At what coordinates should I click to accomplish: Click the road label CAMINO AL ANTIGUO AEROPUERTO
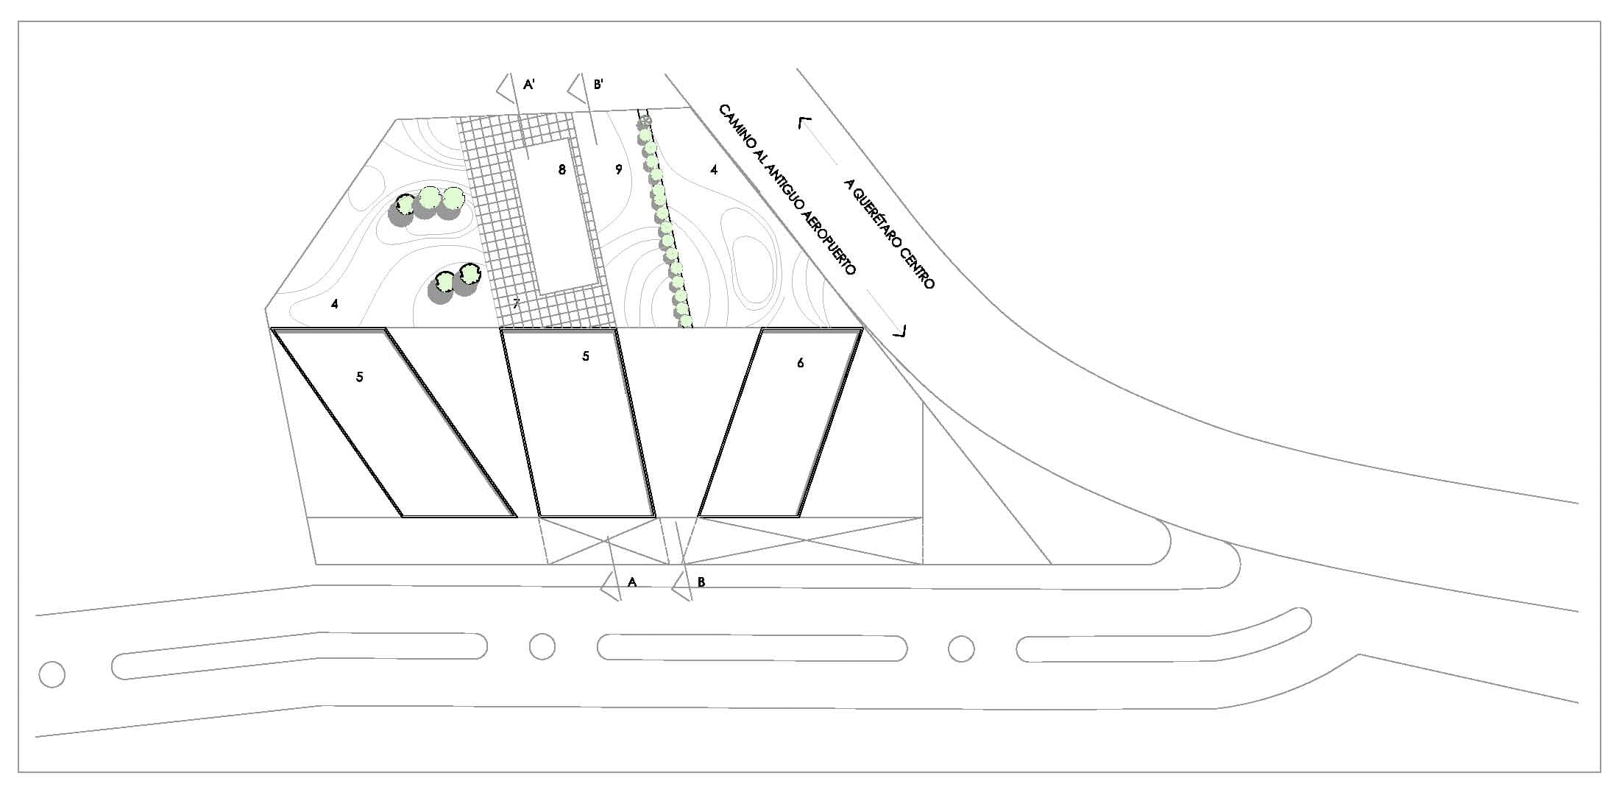tap(787, 190)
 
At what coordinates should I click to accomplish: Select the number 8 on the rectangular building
tap(562, 170)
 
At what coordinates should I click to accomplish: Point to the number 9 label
tap(619, 170)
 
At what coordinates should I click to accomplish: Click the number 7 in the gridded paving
tap(516, 303)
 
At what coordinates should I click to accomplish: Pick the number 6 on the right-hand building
tap(801, 363)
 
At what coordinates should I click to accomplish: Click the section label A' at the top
tap(528, 85)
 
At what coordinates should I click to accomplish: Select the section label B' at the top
tap(598, 85)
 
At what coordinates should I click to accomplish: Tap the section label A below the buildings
tap(631, 582)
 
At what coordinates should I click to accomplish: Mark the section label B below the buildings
tap(701, 582)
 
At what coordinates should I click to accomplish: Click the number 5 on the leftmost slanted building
tap(359, 377)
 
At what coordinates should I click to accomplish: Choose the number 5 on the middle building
tap(586, 356)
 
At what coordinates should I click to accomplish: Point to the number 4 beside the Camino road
tap(714, 170)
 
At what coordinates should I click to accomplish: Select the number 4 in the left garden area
tap(335, 303)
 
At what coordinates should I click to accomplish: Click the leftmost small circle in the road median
tap(52, 674)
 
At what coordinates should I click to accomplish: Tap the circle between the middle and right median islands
tap(961, 649)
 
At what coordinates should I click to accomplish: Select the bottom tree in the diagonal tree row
tap(685, 321)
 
